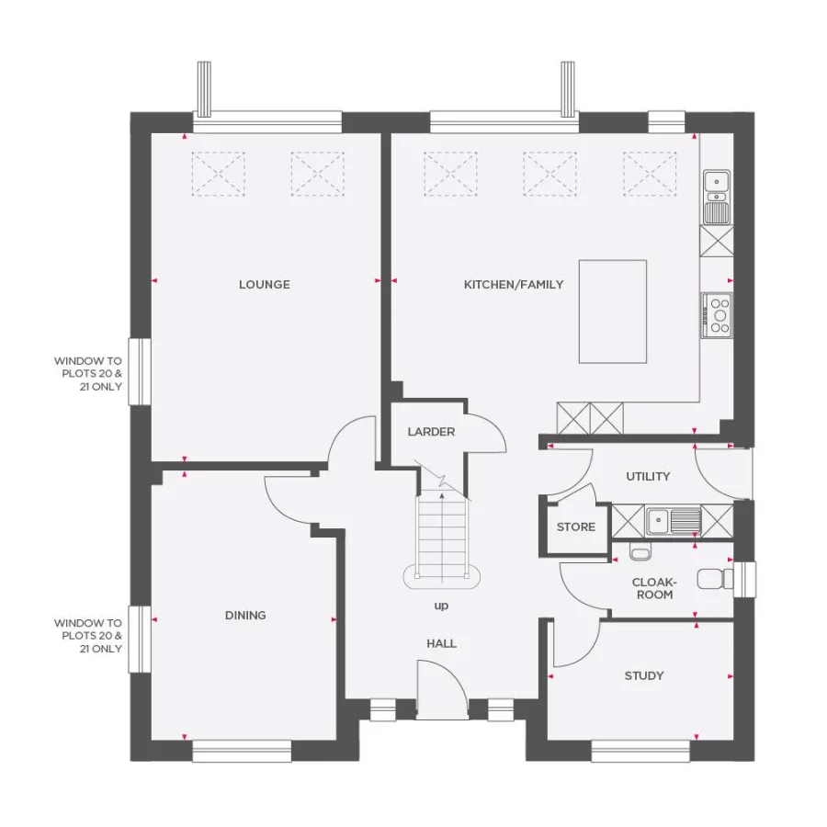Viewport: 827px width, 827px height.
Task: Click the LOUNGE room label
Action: pyautogui.click(x=264, y=285)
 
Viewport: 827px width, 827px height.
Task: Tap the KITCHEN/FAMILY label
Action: pyautogui.click(x=514, y=285)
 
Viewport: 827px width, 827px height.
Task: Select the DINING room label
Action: pyautogui.click(x=245, y=616)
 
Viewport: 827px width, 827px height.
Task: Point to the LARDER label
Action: pyautogui.click(x=431, y=432)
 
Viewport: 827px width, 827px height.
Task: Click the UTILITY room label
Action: pyautogui.click(x=648, y=477)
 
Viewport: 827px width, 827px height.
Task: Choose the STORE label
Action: pyautogui.click(x=576, y=527)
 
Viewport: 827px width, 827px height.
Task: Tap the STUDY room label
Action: pyautogui.click(x=644, y=676)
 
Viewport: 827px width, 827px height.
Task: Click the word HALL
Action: pyautogui.click(x=441, y=644)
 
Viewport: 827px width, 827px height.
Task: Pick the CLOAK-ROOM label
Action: pyautogui.click(x=653, y=588)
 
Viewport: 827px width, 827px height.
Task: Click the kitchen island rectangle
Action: pyautogui.click(x=612, y=312)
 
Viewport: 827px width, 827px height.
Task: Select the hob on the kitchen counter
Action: pyautogui.click(x=718, y=315)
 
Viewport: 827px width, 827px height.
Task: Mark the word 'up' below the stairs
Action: pyautogui.click(x=441, y=606)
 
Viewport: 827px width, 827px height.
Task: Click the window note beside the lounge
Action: pyautogui.click(x=88, y=374)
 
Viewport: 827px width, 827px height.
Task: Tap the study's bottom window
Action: pyautogui.click(x=640, y=752)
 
